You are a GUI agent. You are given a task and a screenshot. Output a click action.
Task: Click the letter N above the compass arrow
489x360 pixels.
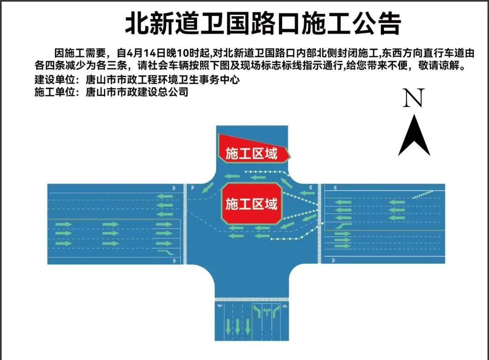[x=413, y=98]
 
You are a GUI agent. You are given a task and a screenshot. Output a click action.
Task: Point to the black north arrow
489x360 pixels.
[x=414, y=136]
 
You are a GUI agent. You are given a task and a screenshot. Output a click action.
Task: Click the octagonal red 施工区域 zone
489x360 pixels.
[x=252, y=203]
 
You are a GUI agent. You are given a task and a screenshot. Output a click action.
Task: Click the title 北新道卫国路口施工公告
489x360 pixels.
[x=263, y=24]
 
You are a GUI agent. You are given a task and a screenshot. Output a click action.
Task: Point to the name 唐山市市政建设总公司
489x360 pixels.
[x=137, y=92]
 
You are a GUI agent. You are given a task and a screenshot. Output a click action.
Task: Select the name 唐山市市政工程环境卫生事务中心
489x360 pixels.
[x=162, y=80]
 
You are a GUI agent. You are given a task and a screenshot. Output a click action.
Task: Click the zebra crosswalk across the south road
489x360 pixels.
[x=251, y=299]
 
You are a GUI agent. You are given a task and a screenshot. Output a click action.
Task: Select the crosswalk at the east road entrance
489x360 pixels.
[x=320, y=224]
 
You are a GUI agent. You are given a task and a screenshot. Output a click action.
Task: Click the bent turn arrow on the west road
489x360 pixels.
[x=166, y=251]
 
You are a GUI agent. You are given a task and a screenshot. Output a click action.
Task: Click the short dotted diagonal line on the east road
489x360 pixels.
[x=422, y=194]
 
